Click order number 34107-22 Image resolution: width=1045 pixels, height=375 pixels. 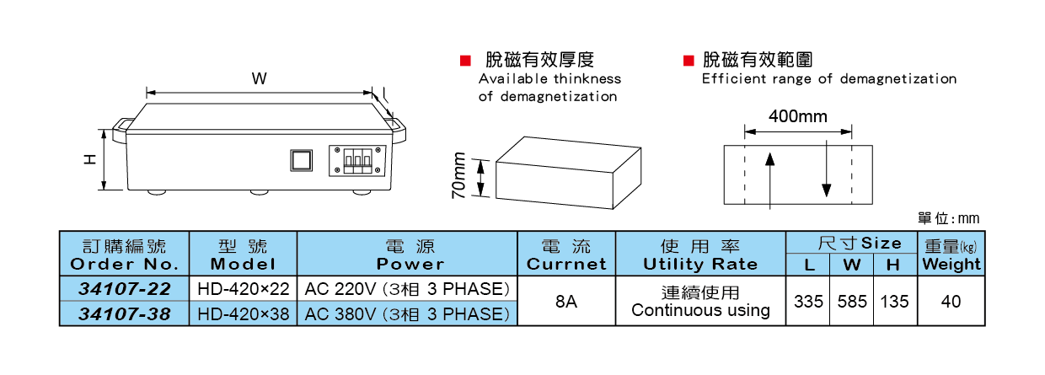[x=125, y=289]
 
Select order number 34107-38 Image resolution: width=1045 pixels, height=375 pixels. [x=125, y=314]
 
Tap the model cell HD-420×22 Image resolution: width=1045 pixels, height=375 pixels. [x=243, y=289]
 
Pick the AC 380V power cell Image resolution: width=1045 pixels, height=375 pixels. [x=408, y=314]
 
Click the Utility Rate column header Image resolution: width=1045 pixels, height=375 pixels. [x=700, y=264]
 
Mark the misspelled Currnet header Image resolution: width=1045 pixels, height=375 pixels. [x=566, y=264]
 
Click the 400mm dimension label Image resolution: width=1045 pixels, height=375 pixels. [x=797, y=116]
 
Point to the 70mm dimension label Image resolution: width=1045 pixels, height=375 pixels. [x=459, y=175]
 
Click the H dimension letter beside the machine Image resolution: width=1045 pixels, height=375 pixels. [x=90, y=158]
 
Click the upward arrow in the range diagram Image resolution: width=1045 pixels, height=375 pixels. [x=769, y=177]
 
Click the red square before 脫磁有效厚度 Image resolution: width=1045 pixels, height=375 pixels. [x=464, y=61]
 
